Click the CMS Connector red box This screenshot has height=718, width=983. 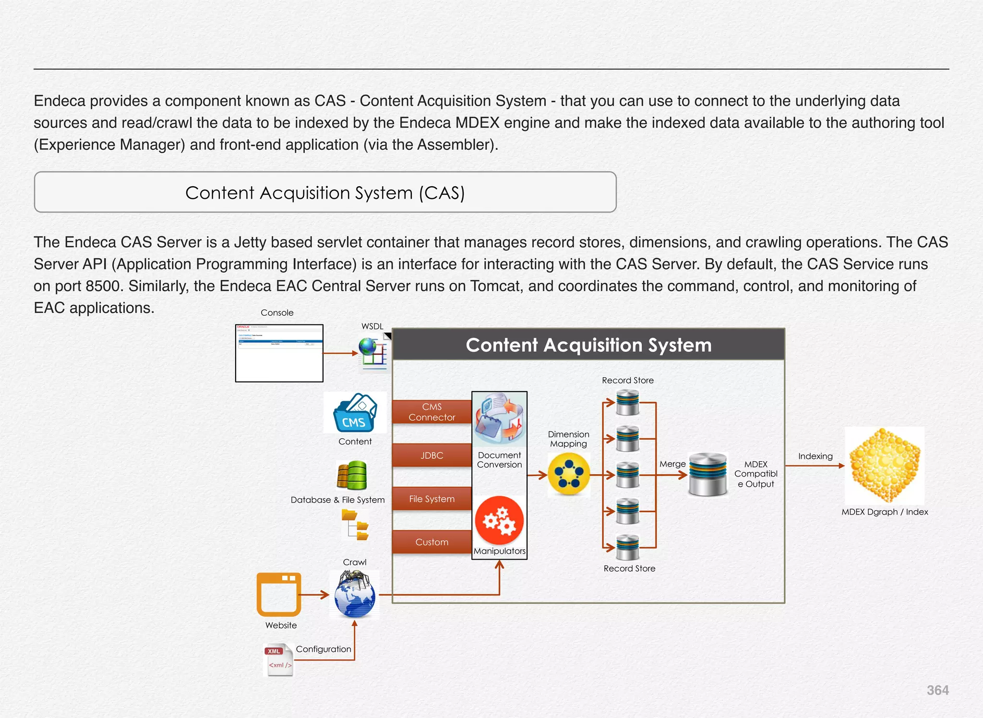click(432, 412)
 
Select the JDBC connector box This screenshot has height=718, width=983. click(432, 455)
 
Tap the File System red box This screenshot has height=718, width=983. click(432, 499)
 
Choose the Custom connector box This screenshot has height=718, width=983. click(432, 542)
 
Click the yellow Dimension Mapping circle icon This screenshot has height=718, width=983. click(569, 474)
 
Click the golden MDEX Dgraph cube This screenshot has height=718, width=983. click(885, 465)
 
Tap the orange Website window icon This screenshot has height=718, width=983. click(279, 594)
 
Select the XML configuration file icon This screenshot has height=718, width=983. click(279, 660)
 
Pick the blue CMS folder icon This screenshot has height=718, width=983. click(355, 413)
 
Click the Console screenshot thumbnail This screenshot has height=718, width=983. click(279, 353)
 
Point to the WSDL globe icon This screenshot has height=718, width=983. click(373, 353)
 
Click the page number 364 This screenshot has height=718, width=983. click(937, 690)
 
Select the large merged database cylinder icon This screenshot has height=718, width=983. click(707, 474)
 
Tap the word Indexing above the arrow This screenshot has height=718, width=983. click(815, 456)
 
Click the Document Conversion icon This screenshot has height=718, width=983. click(499, 419)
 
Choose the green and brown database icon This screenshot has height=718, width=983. click(352, 476)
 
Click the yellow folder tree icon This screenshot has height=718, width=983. click(355, 525)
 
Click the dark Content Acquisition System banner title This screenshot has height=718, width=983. click(588, 345)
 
